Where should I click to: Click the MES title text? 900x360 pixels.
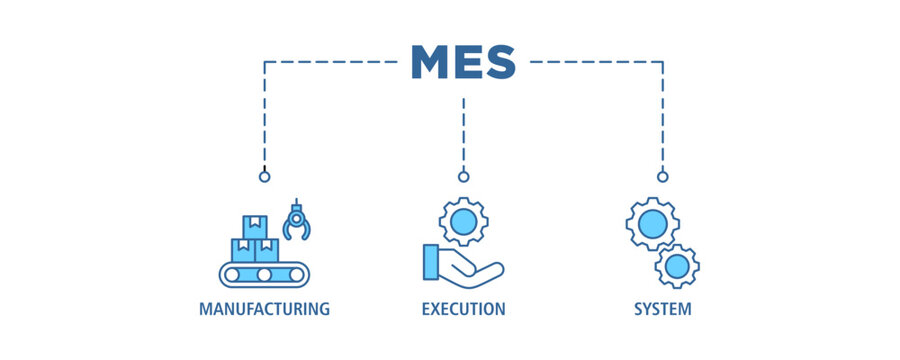[463, 62]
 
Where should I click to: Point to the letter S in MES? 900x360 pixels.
[498, 62]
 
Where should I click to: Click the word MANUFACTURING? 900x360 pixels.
[264, 308]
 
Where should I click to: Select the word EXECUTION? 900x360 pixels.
[463, 308]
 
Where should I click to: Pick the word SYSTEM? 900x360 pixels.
[662, 308]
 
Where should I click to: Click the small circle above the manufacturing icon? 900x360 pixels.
[264, 177]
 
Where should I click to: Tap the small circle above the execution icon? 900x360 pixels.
[463, 177]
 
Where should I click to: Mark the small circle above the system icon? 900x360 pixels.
[662, 177]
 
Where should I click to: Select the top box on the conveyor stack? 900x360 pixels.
[255, 226]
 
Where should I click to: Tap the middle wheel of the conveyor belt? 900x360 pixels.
[264, 274]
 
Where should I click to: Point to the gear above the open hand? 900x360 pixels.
[464, 223]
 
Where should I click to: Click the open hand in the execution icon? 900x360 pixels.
[472, 265]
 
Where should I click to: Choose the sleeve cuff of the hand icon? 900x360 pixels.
[431, 262]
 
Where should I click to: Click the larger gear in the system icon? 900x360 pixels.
[652, 223]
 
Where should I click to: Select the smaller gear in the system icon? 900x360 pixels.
[677, 266]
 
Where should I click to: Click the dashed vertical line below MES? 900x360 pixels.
[463, 130]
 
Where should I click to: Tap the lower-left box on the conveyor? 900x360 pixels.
[243, 250]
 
